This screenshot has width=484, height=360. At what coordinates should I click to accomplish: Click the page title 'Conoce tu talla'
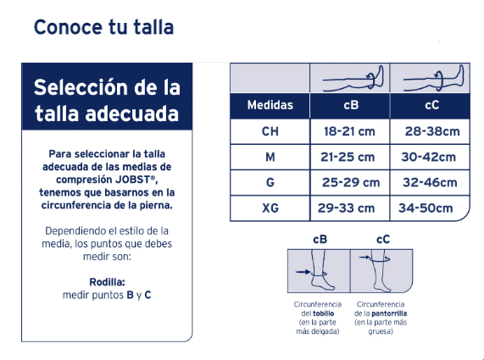tap(103, 27)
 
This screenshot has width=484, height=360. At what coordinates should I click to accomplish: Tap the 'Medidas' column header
tap(270, 105)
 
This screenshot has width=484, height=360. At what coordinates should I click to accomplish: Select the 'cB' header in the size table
tap(351, 105)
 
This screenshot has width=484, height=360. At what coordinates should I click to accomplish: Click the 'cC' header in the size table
tap(431, 105)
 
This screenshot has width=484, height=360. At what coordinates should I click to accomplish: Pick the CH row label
tap(270, 132)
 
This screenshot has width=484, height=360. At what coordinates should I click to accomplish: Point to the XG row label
tap(270, 208)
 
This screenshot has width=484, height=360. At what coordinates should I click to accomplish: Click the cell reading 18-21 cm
tap(349, 132)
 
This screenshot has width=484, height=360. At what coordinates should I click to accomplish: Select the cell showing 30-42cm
tap(428, 158)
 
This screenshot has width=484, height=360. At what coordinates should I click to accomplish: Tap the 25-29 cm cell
tap(351, 183)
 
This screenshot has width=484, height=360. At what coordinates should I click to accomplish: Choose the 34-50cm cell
tap(426, 208)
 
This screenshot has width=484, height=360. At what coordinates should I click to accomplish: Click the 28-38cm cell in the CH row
tap(432, 132)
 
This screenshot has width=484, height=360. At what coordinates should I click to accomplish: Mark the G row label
tap(270, 183)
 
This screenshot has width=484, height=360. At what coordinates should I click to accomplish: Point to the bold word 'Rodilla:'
tap(107, 282)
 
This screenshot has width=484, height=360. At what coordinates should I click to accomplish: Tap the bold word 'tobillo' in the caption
tap(323, 313)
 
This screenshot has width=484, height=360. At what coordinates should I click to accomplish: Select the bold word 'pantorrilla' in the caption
tap(389, 313)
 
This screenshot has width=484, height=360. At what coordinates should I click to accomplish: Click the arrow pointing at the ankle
tap(303, 272)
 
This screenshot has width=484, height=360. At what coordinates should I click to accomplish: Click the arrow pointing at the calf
tap(364, 257)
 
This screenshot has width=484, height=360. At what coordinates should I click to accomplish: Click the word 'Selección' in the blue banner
tap(81, 87)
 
